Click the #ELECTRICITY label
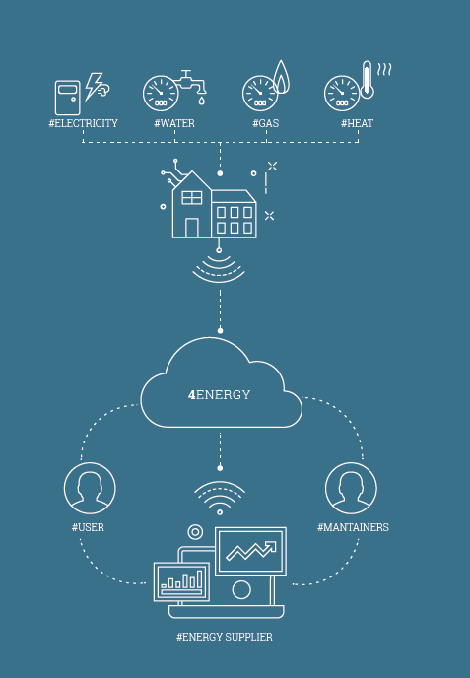click(x=83, y=123)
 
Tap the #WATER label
click(x=174, y=123)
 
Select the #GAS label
click(x=265, y=123)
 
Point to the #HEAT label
click(x=357, y=123)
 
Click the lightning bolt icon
click(x=95, y=87)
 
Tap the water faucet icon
click(x=192, y=87)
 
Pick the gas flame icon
click(x=282, y=78)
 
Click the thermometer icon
click(x=368, y=80)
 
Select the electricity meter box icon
click(x=67, y=98)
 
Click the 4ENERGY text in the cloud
click(x=219, y=395)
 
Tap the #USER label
click(x=88, y=527)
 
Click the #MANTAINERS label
click(x=353, y=527)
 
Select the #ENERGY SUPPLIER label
click(x=225, y=637)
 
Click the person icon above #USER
click(x=90, y=488)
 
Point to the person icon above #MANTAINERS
click(x=351, y=488)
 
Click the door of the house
click(x=192, y=228)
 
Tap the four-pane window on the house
click(x=192, y=198)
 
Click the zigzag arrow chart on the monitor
click(x=251, y=551)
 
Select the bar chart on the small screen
click(x=182, y=580)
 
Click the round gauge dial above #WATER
click(x=161, y=94)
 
